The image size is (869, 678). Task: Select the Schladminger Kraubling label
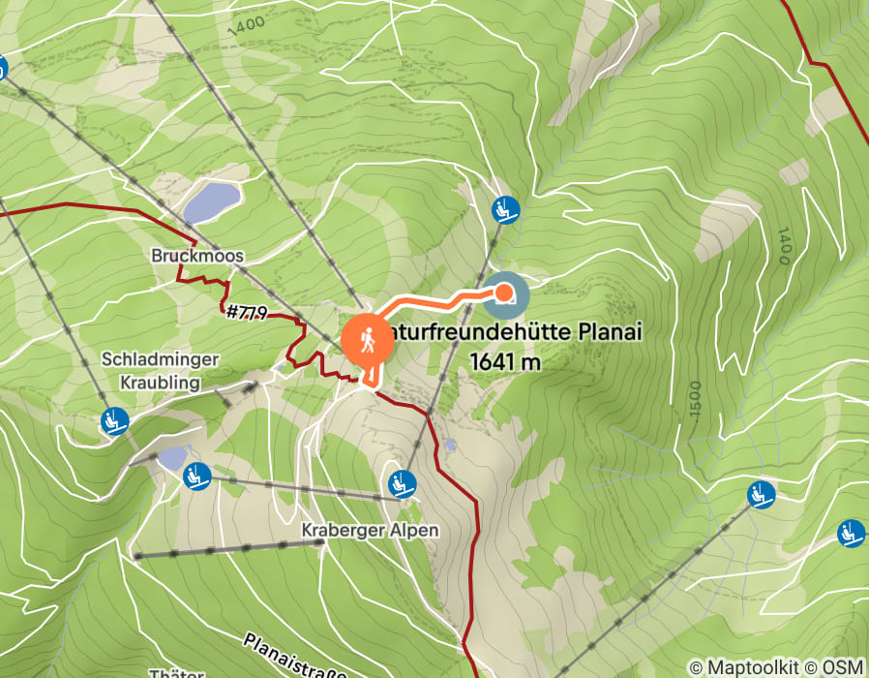coord(161,370)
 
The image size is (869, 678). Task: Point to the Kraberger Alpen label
coord(370,531)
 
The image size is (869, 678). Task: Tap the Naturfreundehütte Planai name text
coord(513,333)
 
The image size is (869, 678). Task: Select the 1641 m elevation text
coord(504,361)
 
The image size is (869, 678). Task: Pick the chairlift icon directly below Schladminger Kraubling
coord(114,420)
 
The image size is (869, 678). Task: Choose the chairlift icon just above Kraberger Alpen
coord(400,481)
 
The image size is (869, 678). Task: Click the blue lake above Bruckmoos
coord(212,201)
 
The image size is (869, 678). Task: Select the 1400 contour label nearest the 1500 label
coord(783,247)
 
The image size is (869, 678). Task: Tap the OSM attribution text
coord(841,667)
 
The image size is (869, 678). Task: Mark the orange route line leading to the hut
coord(426,295)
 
